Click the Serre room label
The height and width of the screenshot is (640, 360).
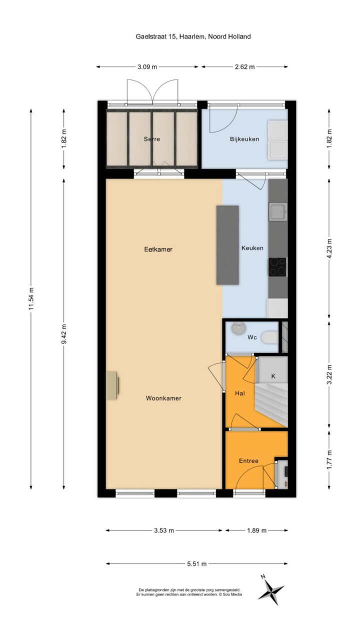[151, 139]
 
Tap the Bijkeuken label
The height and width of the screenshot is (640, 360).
[244, 139]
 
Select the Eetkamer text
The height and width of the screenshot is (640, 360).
[158, 249]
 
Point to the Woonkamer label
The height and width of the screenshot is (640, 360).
[163, 398]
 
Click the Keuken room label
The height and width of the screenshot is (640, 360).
[252, 248]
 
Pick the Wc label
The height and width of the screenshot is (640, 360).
[252, 337]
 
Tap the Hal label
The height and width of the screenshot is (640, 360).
[240, 393]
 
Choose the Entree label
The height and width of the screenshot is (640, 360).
[248, 461]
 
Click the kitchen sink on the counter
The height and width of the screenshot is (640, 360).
[277, 211]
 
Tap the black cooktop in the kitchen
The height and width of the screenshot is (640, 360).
[277, 267]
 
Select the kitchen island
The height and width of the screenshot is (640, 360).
[227, 245]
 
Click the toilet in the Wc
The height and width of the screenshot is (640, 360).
[270, 337]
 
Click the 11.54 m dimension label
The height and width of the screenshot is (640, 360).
[31, 298]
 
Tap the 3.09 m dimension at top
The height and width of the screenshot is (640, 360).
[147, 67]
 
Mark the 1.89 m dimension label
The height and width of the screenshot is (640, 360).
[256, 530]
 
